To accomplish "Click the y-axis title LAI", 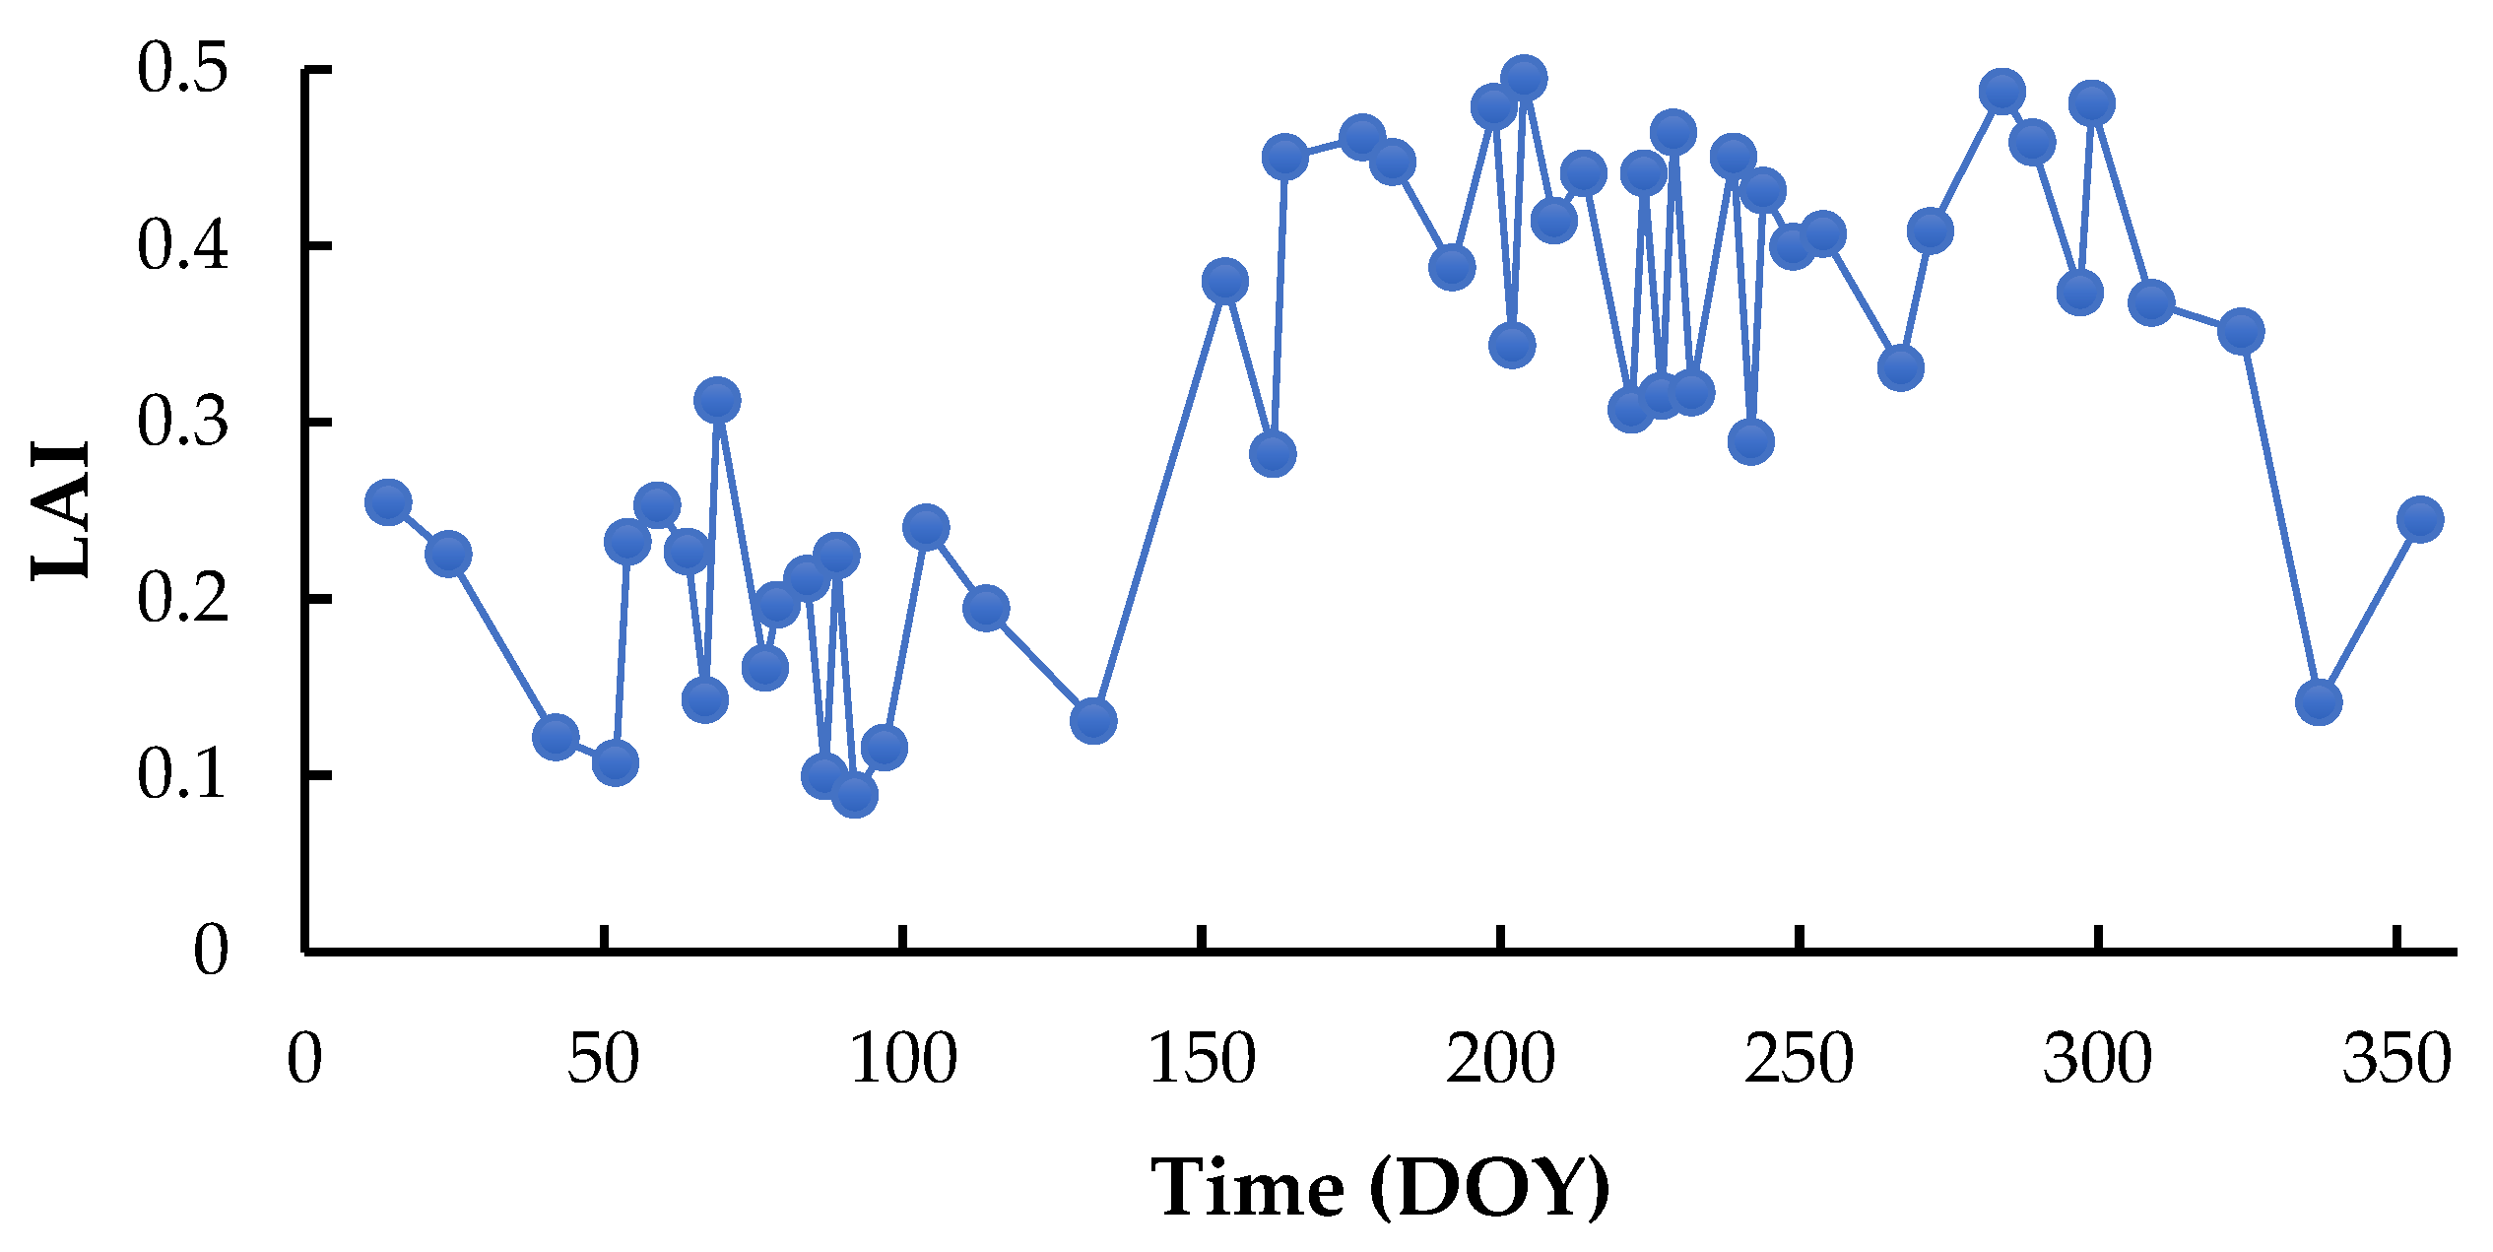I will pyautogui.click(x=61, y=510).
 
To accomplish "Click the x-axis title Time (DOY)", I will pyautogui.click(x=1379, y=1188).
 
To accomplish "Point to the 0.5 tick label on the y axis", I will pyautogui.click(x=183, y=71).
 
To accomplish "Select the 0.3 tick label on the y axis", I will pyautogui.click(x=183, y=423).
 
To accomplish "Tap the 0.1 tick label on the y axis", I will pyautogui.click(x=183, y=775).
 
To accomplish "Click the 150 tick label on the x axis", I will pyautogui.click(x=1202, y=1061).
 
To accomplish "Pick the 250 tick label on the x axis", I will pyautogui.click(x=1799, y=1061).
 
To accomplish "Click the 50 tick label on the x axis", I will pyautogui.click(x=603, y=1061).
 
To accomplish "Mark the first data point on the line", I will pyautogui.click(x=388, y=503).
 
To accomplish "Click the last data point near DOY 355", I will pyautogui.click(x=2420, y=519).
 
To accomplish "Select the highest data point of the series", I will pyautogui.click(x=1524, y=78).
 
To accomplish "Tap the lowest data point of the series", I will pyautogui.click(x=855, y=795).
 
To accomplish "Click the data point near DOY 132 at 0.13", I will pyautogui.click(x=1093, y=721).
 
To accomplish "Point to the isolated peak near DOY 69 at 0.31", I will pyautogui.click(x=717, y=401).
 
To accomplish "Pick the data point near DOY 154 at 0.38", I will pyautogui.click(x=1224, y=282).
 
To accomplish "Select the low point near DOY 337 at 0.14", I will pyautogui.click(x=2319, y=702).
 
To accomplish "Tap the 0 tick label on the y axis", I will pyautogui.click(x=211, y=952).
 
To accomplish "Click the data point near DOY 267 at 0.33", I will pyautogui.click(x=1900, y=368).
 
